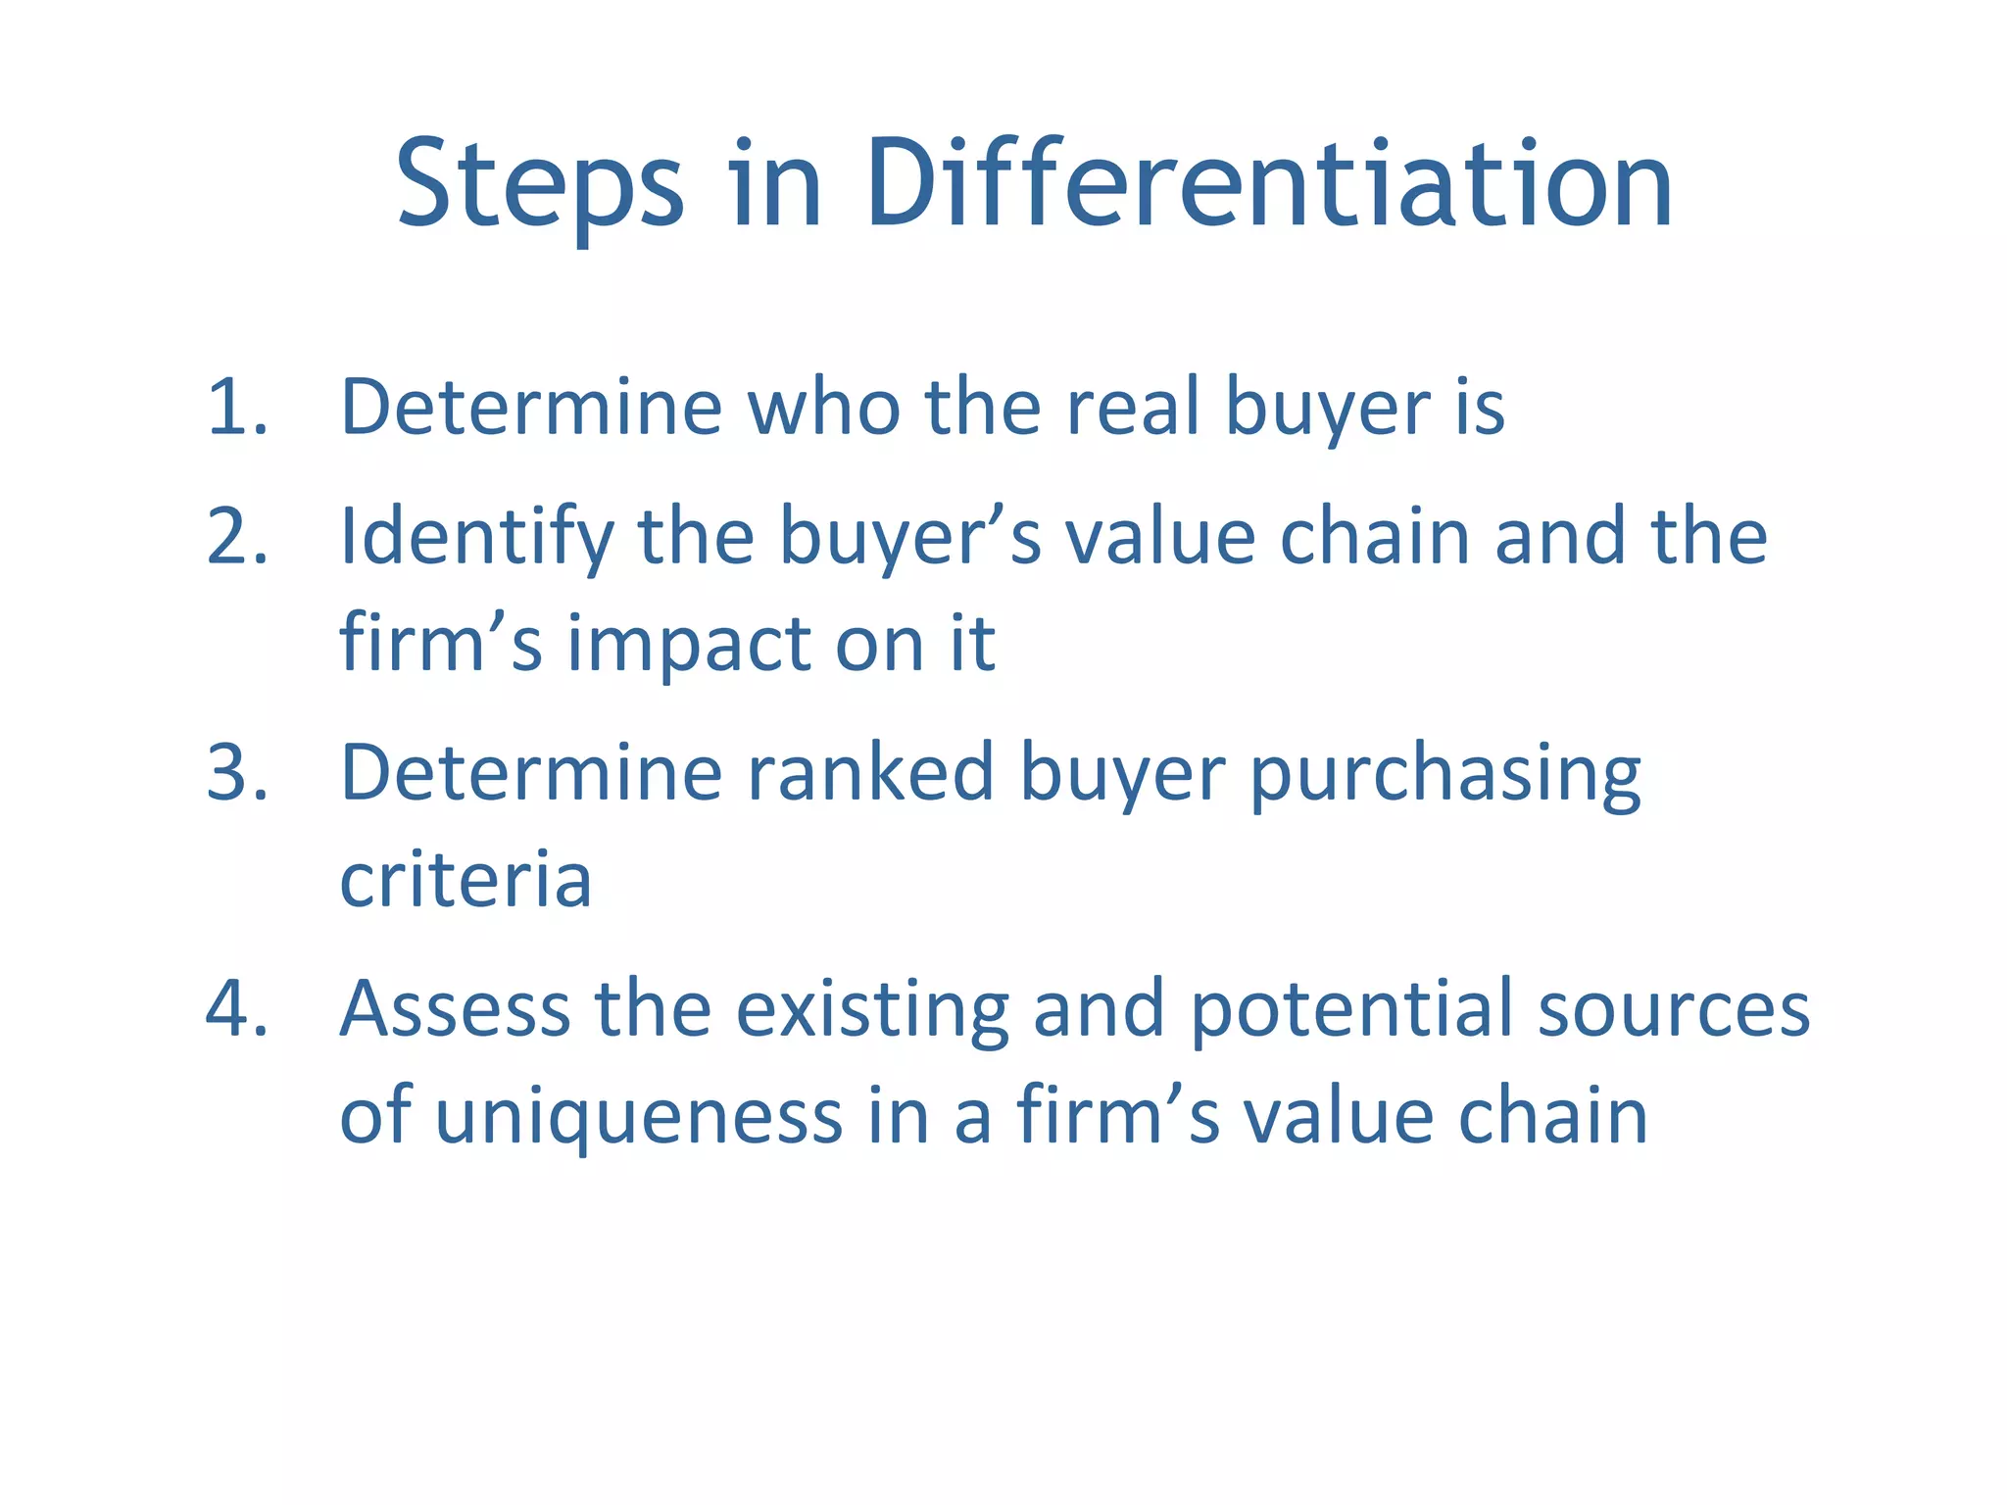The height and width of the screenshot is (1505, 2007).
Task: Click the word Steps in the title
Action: (540, 186)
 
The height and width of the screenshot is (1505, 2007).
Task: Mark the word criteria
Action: (465, 879)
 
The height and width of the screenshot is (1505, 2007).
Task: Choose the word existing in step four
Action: (872, 1009)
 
